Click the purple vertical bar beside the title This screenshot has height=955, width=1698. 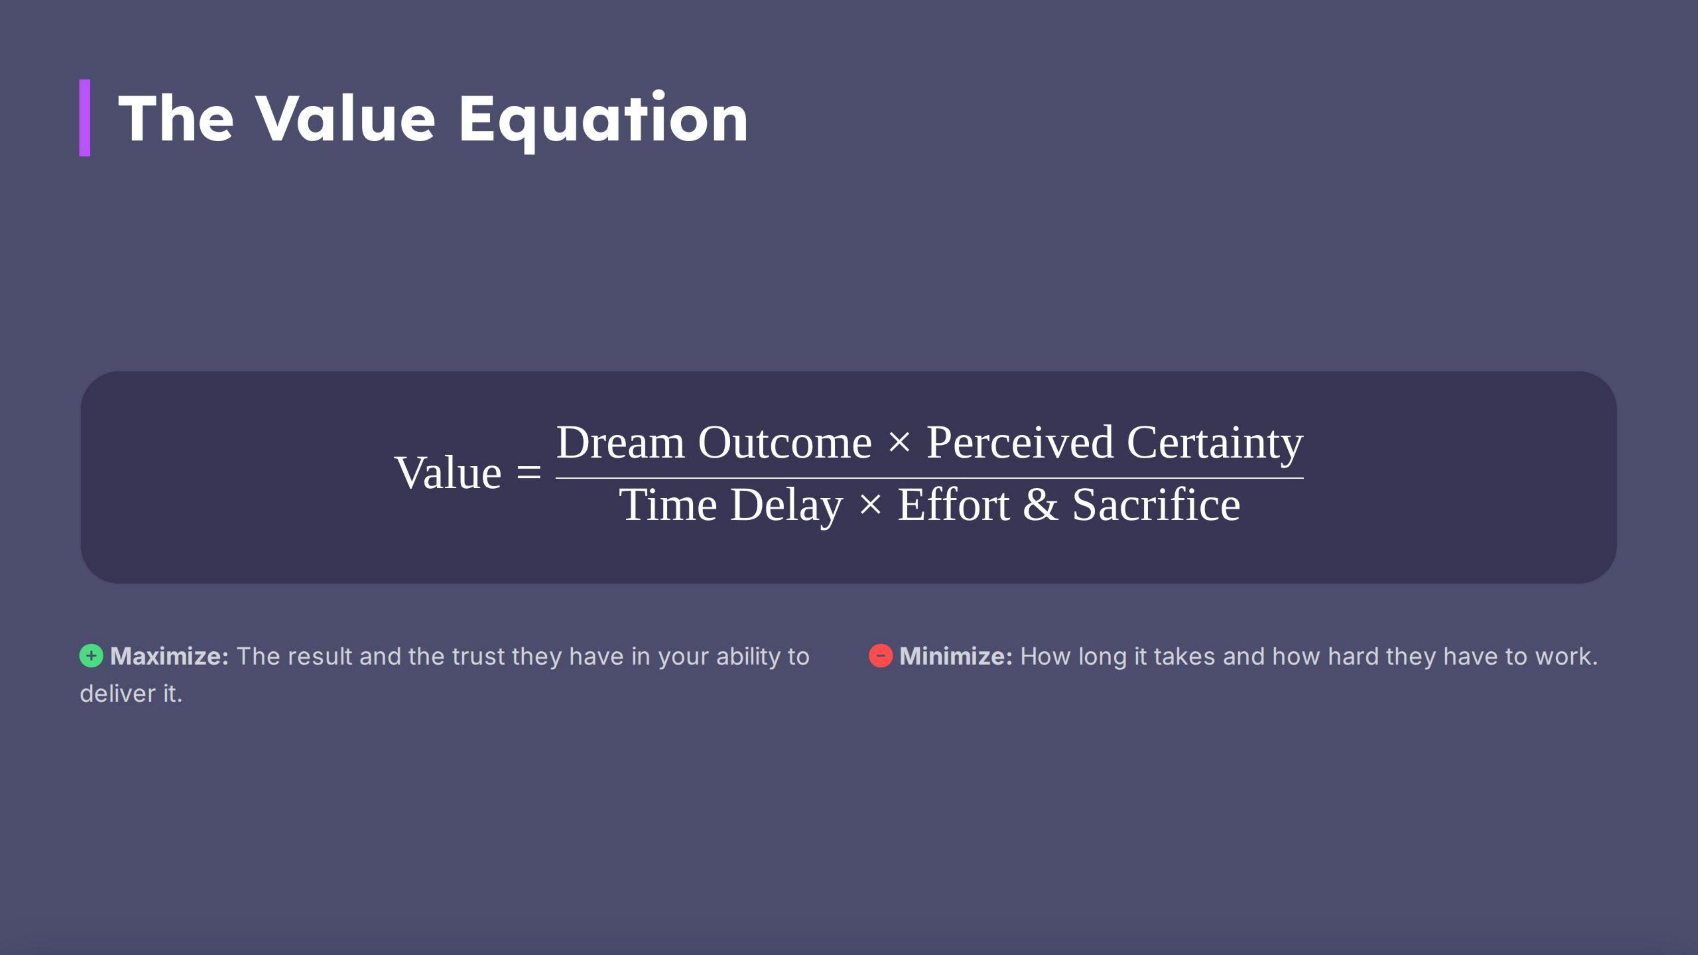click(84, 118)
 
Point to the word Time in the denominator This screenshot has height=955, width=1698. click(668, 505)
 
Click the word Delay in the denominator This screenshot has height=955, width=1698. click(786, 505)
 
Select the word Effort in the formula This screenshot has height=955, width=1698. click(953, 505)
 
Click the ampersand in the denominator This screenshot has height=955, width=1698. click(1040, 505)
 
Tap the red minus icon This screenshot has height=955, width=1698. click(881, 656)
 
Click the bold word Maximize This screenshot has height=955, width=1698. click(169, 656)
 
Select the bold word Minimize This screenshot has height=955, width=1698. click(955, 656)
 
